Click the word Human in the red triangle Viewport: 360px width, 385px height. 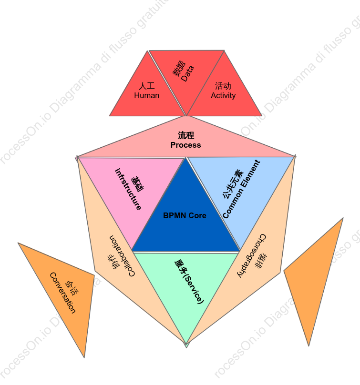[147, 95]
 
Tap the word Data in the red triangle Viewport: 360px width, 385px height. [187, 74]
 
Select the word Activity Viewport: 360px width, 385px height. [223, 95]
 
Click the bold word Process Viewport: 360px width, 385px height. [186, 145]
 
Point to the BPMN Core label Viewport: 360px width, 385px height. [185, 215]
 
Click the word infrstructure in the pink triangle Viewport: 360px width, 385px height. [128, 189]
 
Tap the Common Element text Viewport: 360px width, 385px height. [241, 189]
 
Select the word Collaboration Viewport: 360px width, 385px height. [122, 256]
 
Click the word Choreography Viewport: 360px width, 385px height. [252, 255]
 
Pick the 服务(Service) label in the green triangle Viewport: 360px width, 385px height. [189, 282]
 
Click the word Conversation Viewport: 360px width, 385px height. [62, 293]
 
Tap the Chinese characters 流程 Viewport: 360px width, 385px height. [186, 135]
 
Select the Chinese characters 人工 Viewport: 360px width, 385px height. [147, 86]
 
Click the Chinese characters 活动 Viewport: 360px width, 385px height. [223, 86]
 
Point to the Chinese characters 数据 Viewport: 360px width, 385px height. [179, 69]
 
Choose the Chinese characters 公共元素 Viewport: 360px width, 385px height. [233, 183]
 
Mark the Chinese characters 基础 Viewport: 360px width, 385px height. [138, 184]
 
